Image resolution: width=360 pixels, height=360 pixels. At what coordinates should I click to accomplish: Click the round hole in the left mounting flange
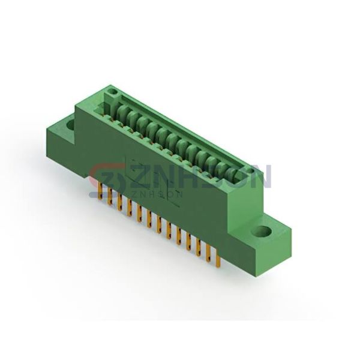[x=71, y=125]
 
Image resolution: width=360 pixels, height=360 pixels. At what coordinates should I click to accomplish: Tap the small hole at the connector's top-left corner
[x=113, y=92]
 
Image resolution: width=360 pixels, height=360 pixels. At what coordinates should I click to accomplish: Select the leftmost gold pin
[x=100, y=187]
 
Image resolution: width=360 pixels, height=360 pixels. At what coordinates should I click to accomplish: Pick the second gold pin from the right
[x=208, y=253]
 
